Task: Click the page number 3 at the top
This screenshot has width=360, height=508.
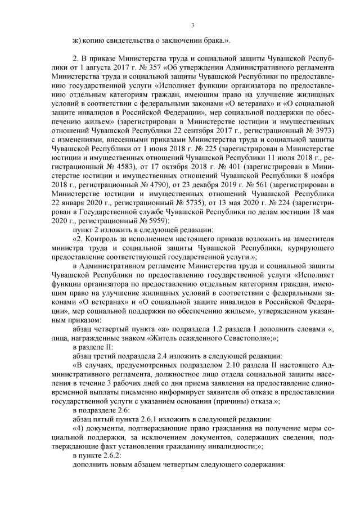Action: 192,25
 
